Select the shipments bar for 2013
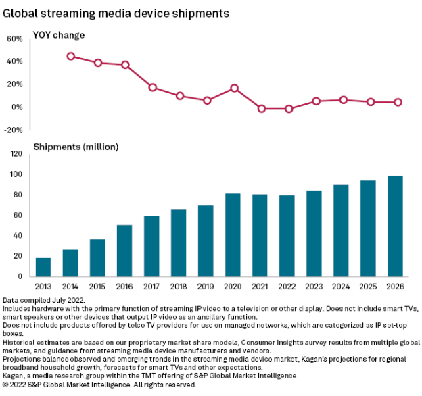tap(43, 267)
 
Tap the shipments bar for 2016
tap(124, 251)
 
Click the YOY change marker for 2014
tap(70, 56)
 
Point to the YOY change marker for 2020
tap(234, 88)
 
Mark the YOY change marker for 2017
tap(152, 87)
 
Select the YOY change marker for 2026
tap(398, 102)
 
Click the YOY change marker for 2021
tap(261, 108)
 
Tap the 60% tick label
tap(15, 39)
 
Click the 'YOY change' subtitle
tap(59, 34)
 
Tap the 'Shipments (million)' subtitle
tap(76, 147)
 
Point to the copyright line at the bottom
tap(99, 384)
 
